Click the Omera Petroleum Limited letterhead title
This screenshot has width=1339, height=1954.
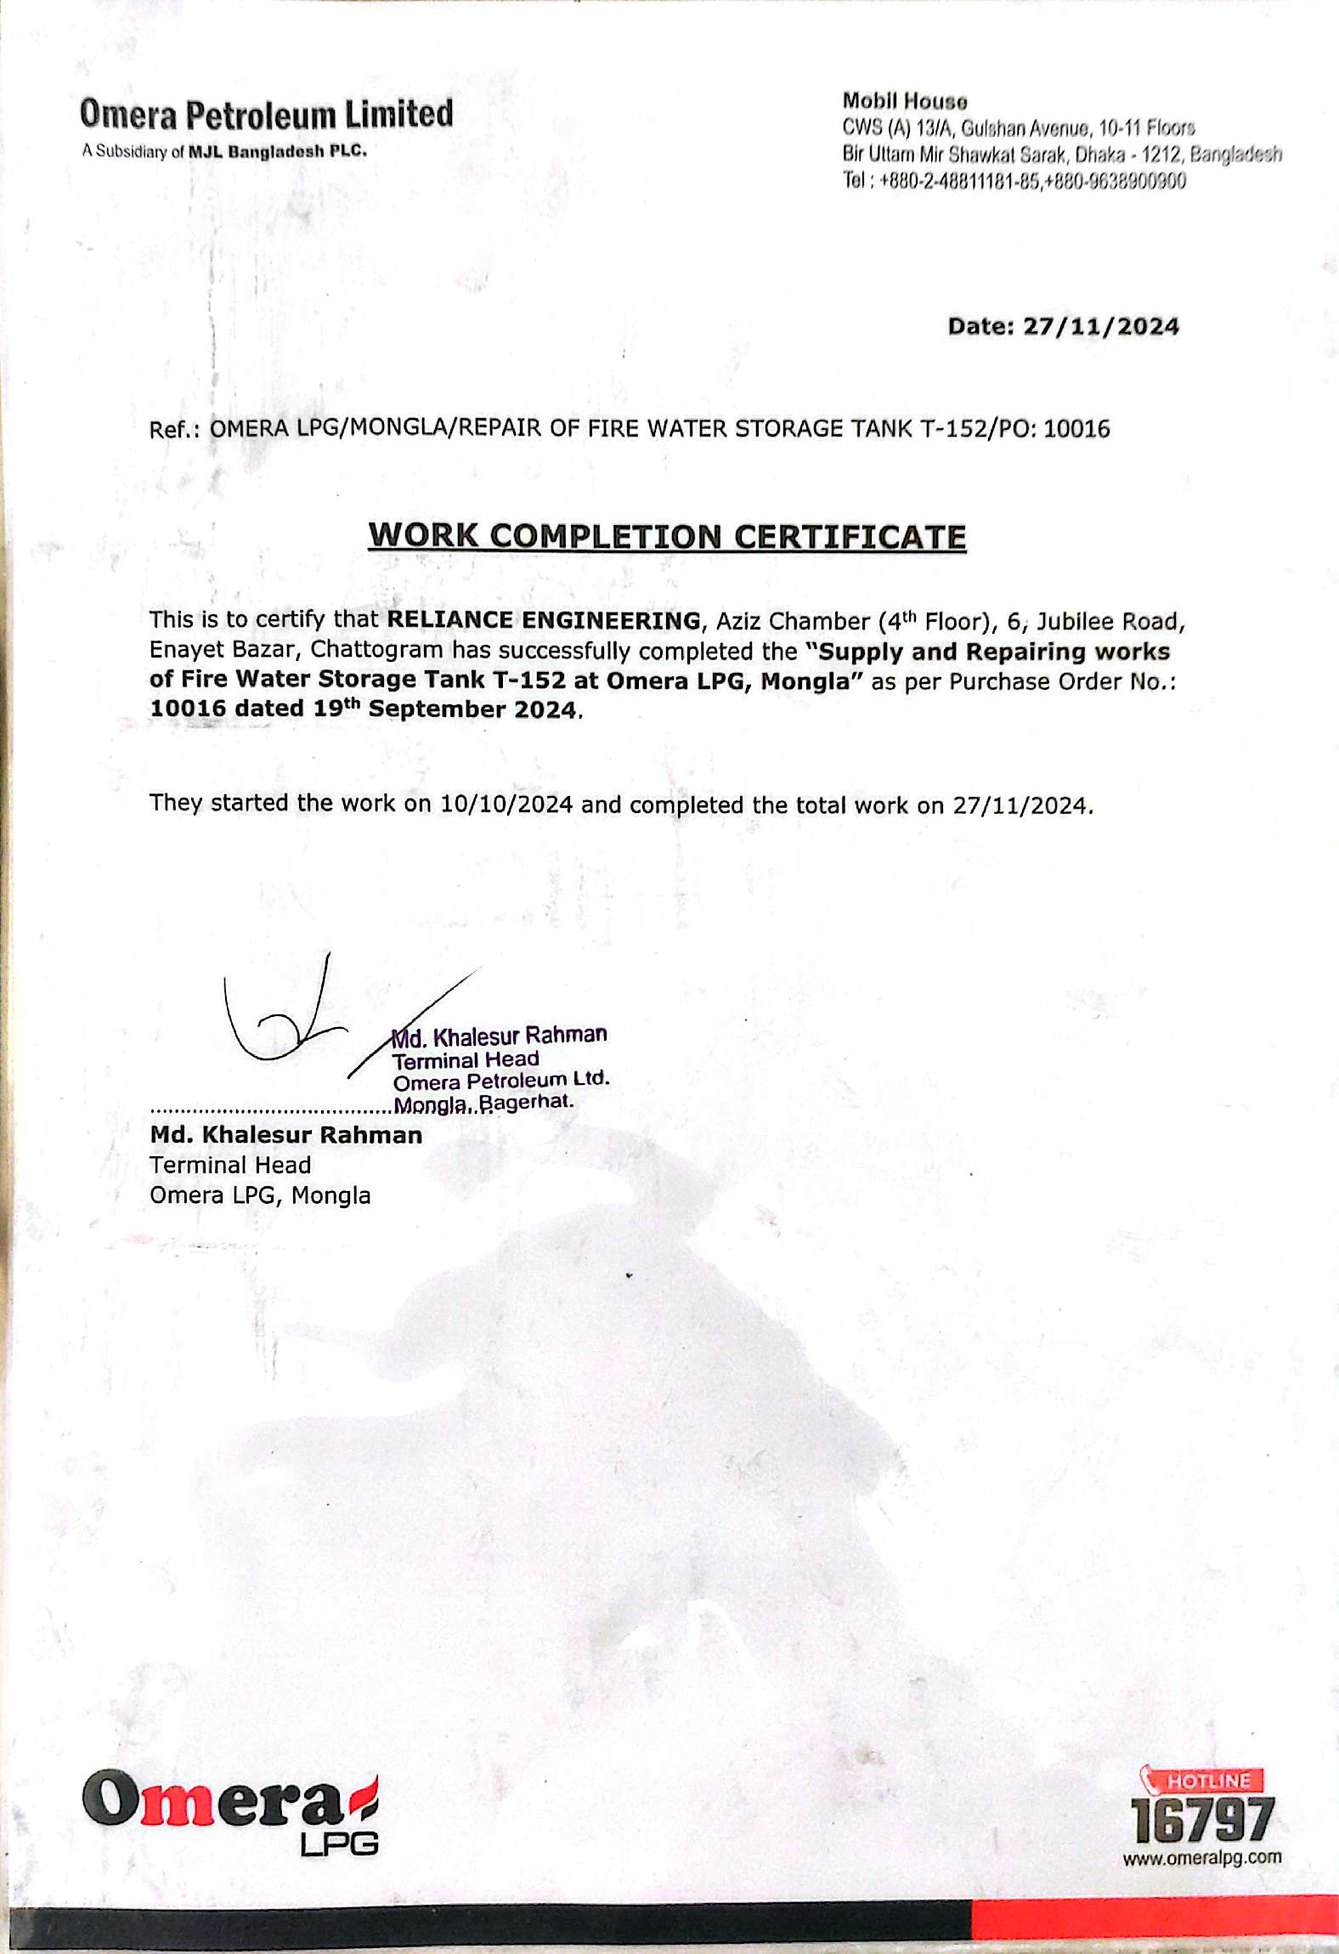266,114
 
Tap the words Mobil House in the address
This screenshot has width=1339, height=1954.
904,101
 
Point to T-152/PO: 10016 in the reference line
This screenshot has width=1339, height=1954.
1015,428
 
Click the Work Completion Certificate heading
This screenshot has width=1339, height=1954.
667,537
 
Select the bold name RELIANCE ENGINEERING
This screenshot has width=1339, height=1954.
544,620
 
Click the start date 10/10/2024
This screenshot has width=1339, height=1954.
506,804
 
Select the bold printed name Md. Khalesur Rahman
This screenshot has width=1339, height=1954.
286,1135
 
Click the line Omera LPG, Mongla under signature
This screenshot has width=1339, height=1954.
260,1195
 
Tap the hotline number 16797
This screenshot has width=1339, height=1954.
1202,1821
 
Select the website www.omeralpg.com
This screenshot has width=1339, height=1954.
1202,1858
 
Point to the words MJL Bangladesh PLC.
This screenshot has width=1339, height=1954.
278,151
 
